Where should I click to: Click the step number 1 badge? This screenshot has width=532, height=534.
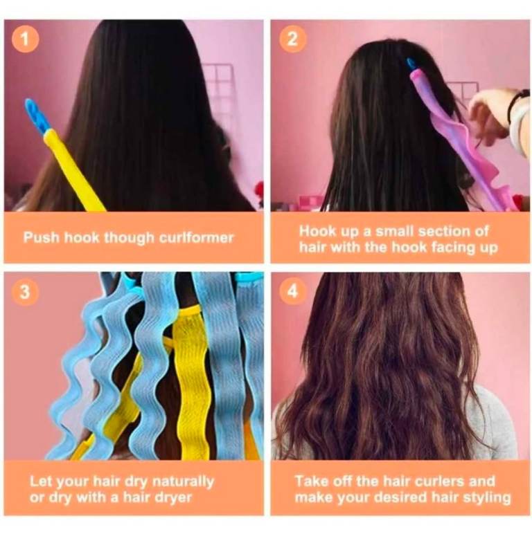click(x=25, y=39)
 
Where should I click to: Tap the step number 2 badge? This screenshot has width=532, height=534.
click(x=292, y=39)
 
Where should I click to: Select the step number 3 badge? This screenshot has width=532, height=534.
click(x=25, y=292)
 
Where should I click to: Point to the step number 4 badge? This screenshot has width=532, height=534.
click(x=292, y=292)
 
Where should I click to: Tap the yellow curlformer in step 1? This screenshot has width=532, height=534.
click(x=73, y=169)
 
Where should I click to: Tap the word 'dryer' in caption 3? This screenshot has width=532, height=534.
click(x=174, y=498)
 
